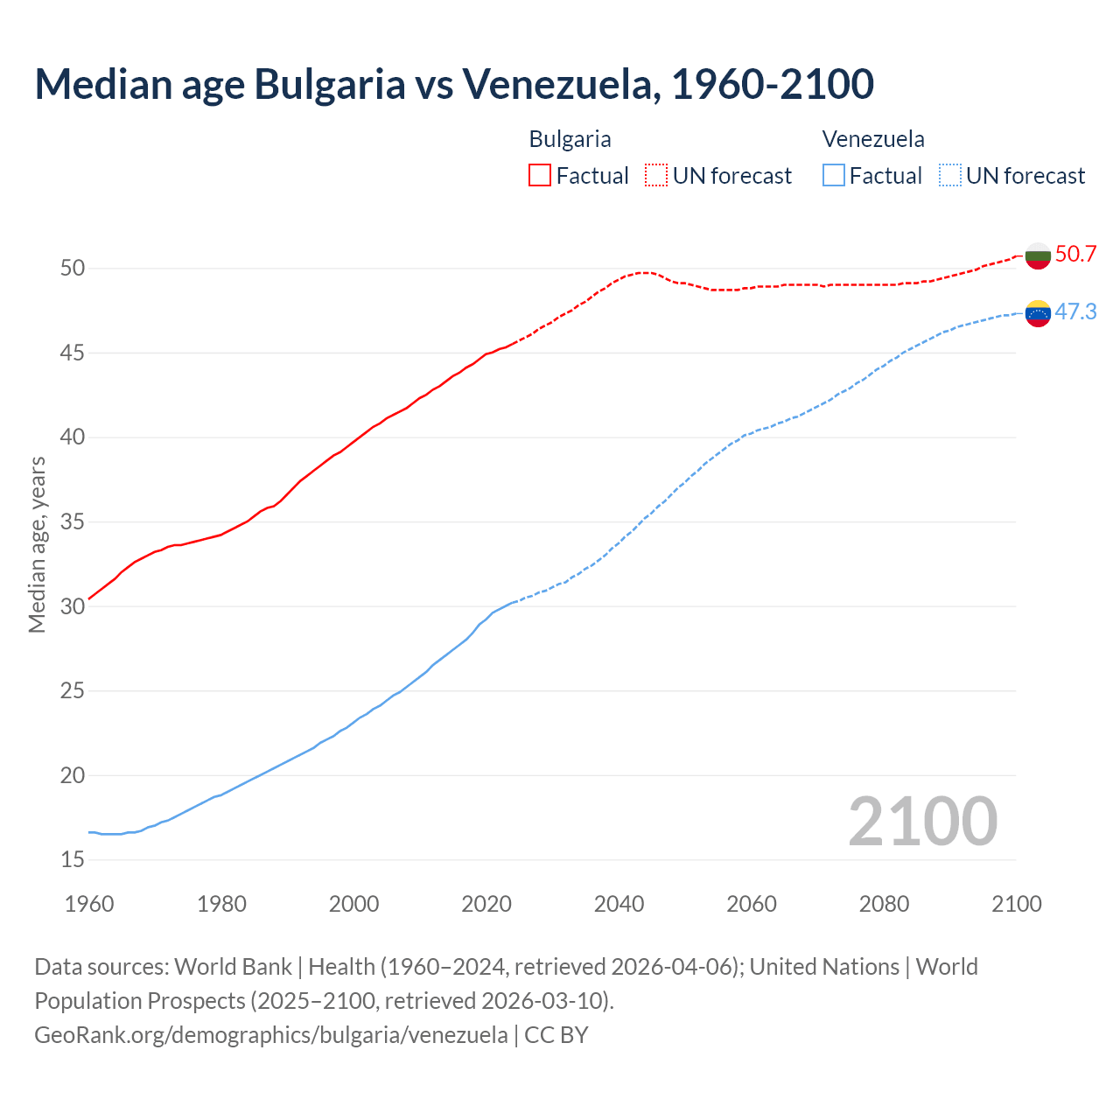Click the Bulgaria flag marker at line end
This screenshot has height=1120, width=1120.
[x=1038, y=255]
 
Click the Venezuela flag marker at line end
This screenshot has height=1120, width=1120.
[x=1038, y=313]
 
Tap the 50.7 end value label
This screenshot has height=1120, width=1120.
[x=1075, y=255]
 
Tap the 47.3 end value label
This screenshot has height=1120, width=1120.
[x=1075, y=312]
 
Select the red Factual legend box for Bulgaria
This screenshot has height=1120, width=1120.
[x=540, y=175]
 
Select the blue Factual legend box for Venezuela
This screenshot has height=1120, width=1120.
[x=834, y=175]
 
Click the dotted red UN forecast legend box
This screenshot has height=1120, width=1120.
[x=656, y=175]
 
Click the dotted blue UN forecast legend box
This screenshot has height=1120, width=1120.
[x=950, y=175]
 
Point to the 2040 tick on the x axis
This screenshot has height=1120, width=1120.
[x=619, y=904]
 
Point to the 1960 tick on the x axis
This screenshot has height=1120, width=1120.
[x=89, y=904]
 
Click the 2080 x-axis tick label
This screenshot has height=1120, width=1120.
[x=884, y=904]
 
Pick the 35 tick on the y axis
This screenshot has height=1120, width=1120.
[x=73, y=522]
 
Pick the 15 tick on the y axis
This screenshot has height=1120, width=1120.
[x=73, y=860]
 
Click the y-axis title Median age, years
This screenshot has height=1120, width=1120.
[x=37, y=544]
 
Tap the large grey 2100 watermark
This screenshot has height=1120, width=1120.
[x=922, y=821]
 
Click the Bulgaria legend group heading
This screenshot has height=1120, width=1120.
[x=570, y=139]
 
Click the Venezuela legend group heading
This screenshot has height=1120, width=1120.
[x=873, y=139]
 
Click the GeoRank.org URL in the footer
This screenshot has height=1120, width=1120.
[x=270, y=1035]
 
